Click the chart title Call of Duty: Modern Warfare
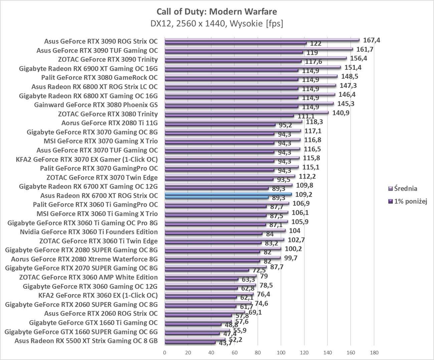click(x=217, y=12)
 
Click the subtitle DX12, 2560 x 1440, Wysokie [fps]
click(x=217, y=24)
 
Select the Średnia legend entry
click(x=405, y=189)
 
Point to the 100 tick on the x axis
click(x=281, y=353)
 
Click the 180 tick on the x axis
click(x=374, y=353)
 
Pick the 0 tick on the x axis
click(x=165, y=353)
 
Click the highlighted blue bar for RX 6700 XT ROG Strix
click(x=228, y=194)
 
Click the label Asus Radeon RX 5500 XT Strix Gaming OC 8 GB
click(x=86, y=341)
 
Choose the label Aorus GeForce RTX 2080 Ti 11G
click(x=110, y=123)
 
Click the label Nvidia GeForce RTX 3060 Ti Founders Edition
click(x=89, y=232)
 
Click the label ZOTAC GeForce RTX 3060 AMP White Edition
click(x=88, y=277)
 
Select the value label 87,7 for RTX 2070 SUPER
click(x=275, y=267)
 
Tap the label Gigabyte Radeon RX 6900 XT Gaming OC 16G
click(x=88, y=69)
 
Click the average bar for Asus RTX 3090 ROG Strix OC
click(x=262, y=40)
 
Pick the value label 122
click(x=315, y=43)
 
